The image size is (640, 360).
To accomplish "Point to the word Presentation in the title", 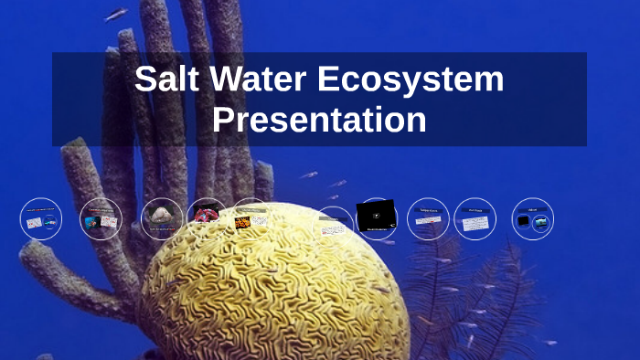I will [x=319, y=120].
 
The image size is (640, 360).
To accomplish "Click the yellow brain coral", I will [x=274, y=292].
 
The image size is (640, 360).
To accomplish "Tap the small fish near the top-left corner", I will [x=116, y=15].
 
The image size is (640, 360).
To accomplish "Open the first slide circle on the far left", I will [x=41, y=219].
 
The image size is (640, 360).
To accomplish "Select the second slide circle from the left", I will [x=101, y=219].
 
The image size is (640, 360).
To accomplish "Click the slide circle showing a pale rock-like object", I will [x=162, y=218].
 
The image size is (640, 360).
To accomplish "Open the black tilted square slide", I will [x=376, y=217].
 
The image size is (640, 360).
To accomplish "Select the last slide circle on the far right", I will [x=533, y=219].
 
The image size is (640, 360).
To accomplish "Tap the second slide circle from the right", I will [x=475, y=219].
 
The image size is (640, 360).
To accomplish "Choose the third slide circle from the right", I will [x=428, y=219].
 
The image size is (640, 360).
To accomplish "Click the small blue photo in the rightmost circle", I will [x=541, y=221].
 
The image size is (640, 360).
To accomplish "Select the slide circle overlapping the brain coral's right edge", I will [x=335, y=225].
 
